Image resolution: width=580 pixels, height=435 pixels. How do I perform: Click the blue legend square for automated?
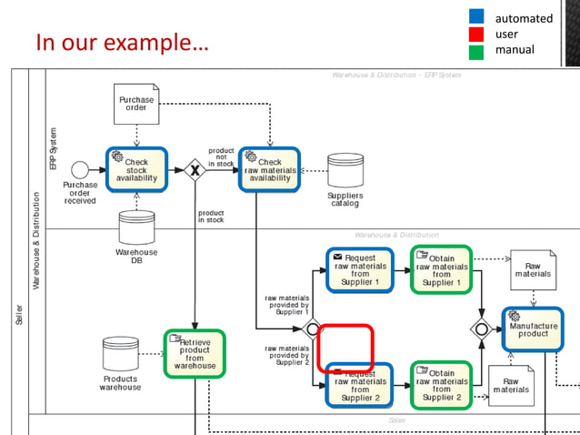[476, 16]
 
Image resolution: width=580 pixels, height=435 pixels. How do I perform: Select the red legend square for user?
[476, 34]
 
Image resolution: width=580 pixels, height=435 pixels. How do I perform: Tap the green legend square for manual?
[476, 51]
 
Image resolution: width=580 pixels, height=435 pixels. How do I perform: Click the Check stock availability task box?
[136, 169]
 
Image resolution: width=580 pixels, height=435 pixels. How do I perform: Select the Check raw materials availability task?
[270, 169]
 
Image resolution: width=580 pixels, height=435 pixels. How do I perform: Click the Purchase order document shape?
[136, 104]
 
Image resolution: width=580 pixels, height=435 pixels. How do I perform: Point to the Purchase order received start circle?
[80, 169]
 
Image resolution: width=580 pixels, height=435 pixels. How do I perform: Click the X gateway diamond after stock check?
[194, 170]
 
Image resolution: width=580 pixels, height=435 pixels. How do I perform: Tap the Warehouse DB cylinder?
[136, 228]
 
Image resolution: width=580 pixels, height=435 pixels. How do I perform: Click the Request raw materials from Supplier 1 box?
[360, 270]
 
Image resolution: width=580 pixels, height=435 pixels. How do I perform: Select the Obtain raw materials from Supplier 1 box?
[441, 269]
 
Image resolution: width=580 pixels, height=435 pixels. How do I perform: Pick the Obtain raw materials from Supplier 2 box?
[441, 385]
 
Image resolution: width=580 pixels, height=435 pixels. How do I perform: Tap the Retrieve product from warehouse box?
[195, 354]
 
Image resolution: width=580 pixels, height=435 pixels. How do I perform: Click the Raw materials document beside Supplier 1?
[533, 269]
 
